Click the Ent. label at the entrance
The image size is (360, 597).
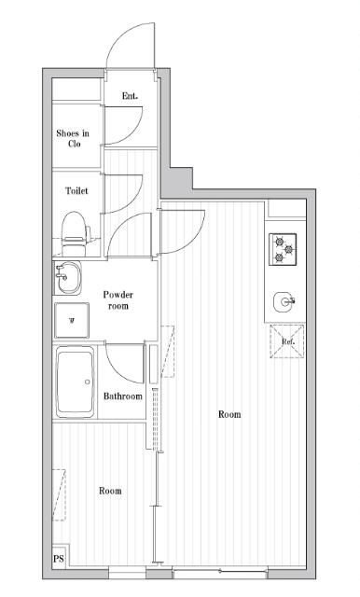click(130, 96)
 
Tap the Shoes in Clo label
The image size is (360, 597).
click(73, 139)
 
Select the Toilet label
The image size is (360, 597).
click(76, 190)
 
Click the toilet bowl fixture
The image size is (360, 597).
click(76, 234)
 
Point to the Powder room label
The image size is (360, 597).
click(118, 300)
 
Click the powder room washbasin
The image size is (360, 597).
click(67, 278)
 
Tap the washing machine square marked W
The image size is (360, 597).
click(72, 320)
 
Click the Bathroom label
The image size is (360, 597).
click(123, 396)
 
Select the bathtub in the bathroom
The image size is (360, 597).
click(76, 382)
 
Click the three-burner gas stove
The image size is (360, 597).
click(283, 249)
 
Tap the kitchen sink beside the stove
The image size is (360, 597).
click(284, 301)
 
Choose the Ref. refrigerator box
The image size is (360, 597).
click(287, 341)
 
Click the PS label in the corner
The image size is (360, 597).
click(59, 559)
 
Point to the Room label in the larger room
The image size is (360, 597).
click(229, 414)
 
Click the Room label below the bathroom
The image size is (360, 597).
click(110, 491)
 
